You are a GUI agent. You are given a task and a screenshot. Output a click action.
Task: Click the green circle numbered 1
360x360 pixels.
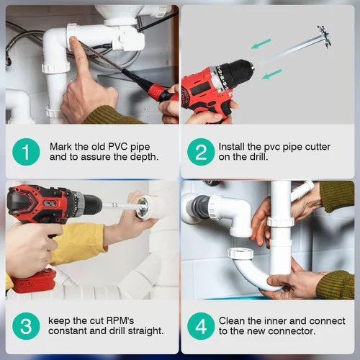[26, 152]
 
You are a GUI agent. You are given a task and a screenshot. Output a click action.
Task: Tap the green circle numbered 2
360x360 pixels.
[201, 152]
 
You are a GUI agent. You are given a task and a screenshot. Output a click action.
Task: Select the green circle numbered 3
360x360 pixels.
[26, 326]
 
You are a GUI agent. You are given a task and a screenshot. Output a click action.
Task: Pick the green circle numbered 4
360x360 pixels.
[201, 326]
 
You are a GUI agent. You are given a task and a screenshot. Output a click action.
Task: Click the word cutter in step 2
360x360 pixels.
[318, 147]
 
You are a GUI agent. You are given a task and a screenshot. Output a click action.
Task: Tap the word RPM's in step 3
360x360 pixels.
[120, 320]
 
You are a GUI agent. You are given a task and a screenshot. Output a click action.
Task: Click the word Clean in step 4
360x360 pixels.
[232, 321]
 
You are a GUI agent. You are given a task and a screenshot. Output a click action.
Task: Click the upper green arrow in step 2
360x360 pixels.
[261, 44]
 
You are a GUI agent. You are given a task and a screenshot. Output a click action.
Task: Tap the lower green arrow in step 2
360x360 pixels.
[271, 74]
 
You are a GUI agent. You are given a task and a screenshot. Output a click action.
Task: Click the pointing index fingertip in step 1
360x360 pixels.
[73, 40]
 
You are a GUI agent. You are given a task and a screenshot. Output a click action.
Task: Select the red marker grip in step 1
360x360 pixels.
[158, 93]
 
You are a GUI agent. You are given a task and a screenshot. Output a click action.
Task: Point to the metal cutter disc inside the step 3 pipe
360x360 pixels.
[143, 207]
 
